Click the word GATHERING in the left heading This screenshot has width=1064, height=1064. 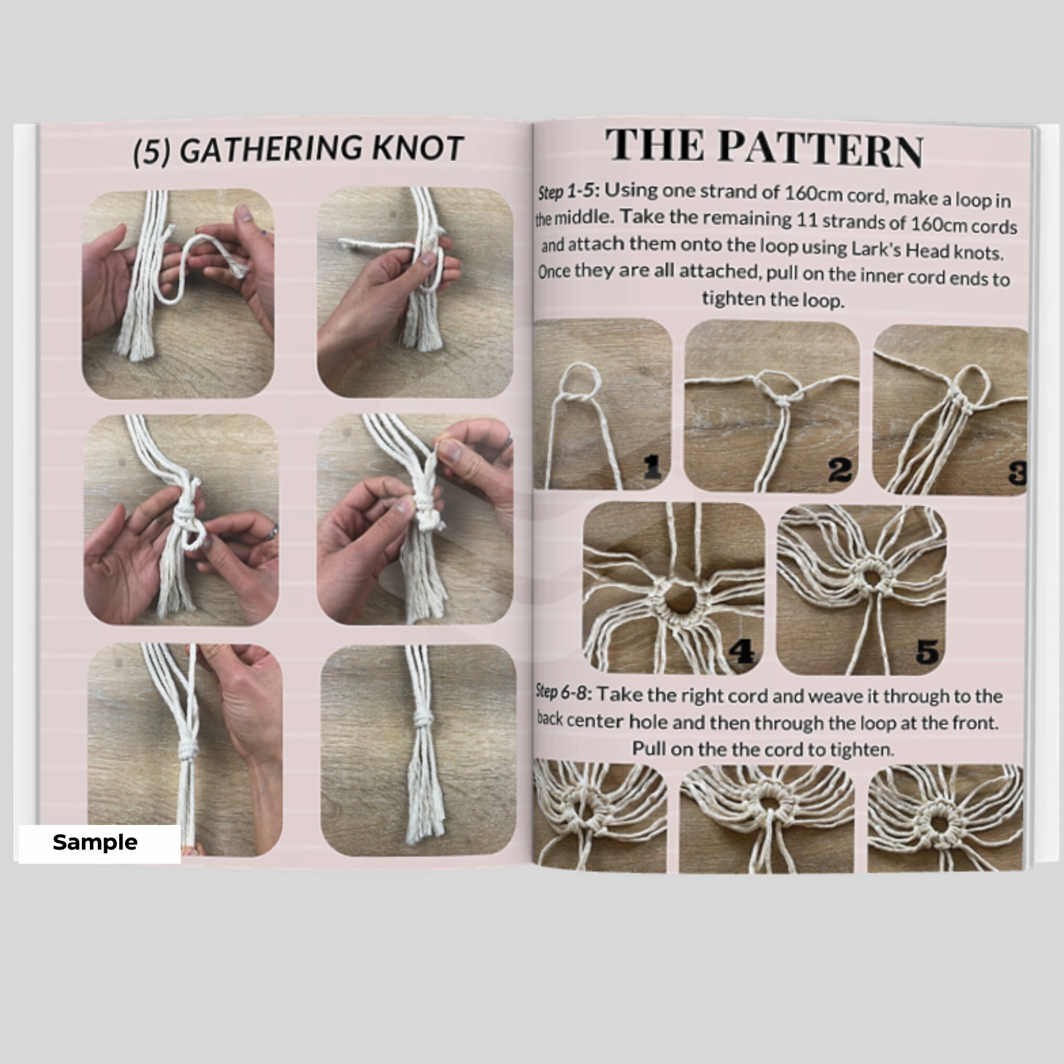pyautogui.click(x=271, y=149)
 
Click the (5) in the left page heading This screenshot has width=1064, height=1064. pyautogui.click(x=151, y=151)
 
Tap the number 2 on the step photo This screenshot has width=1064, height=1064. pyautogui.click(x=840, y=470)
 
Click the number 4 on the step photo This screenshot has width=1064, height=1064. pyautogui.click(x=741, y=652)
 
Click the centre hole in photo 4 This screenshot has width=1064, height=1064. pyautogui.click(x=681, y=598)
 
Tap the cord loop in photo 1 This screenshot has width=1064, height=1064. pyautogui.click(x=580, y=381)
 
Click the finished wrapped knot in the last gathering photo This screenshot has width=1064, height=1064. pyautogui.click(x=423, y=718)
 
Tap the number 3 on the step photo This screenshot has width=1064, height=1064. pyautogui.click(x=1018, y=473)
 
